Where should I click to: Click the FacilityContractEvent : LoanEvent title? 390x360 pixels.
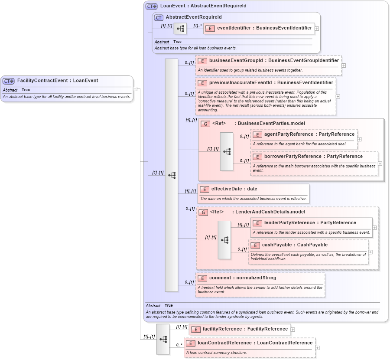(57, 81)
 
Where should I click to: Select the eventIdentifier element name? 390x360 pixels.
(264, 28)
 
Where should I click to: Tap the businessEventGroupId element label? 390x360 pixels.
(274, 61)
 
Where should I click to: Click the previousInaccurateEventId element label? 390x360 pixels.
(271, 82)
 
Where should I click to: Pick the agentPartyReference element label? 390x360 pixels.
(309, 134)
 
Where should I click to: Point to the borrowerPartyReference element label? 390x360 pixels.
(313, 157)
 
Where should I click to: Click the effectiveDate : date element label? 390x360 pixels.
(234, 189)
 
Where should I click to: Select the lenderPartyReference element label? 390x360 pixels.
(310, 223)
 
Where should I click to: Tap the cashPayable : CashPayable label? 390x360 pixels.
(295, 245)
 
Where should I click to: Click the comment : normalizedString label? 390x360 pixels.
(243, 278)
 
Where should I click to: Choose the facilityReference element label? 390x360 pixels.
(245, 329)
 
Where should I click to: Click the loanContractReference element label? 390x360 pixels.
(255, 343)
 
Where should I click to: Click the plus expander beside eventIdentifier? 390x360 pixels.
(317, 29)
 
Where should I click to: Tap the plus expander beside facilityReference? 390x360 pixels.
(293, 330)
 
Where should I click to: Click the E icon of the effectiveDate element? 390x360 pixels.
(204, 189)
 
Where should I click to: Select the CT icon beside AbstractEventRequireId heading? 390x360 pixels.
(159, 17)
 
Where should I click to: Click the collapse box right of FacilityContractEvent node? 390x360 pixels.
(135, 89)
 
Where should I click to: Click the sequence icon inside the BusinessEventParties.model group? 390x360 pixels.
(226, 151)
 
